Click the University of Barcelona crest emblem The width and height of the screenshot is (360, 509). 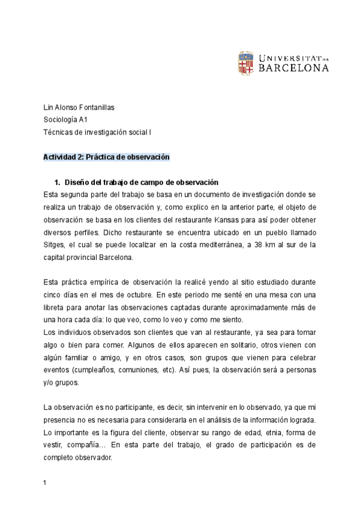pyautogui.click(x=246, y=63)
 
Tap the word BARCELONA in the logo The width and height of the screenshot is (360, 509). pyautogui.click(x=294, y=68)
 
